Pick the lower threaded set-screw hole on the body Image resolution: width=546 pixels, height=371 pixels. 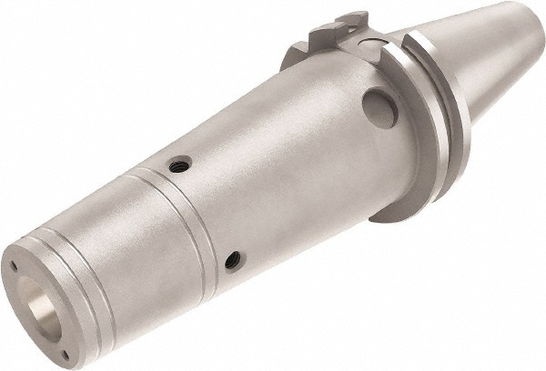234,260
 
